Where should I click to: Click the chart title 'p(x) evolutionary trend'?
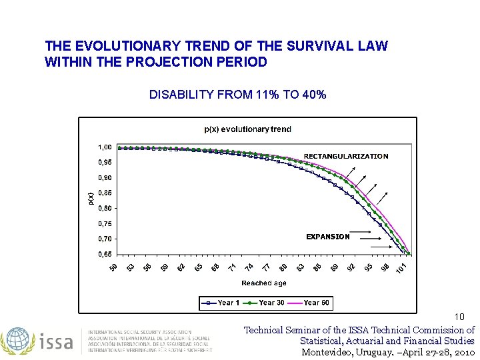click(x=247, y=129)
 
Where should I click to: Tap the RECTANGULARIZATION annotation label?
click(x=345, y=156)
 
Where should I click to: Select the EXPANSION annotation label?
click(x=327, y=237)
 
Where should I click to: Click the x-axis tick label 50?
click(x=113, y=267)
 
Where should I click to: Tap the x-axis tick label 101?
click(x=401, y=268)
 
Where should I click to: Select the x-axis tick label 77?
click(x=266, y=267)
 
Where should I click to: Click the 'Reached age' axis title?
click(x=264, y=283)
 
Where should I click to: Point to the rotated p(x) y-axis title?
click(x=91, y=198)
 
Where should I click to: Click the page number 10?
click(x=459, y=317)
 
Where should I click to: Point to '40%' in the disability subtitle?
click(x=314, y=95)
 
